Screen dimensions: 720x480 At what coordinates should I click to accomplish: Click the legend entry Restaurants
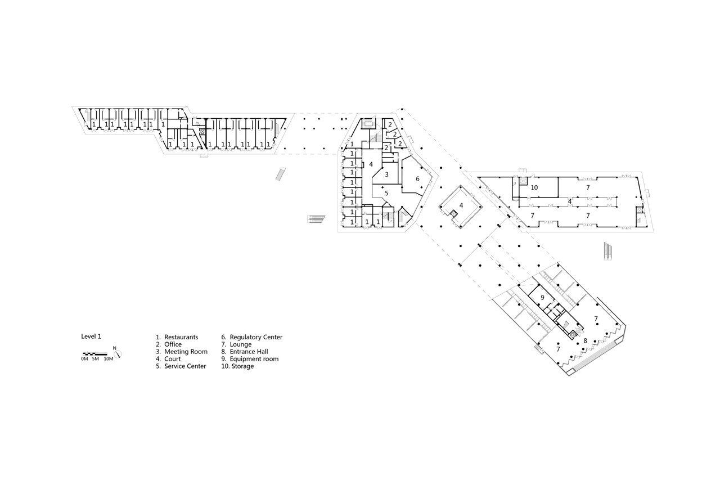(x=181, y=337)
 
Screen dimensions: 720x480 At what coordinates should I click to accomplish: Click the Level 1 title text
(x=91, y=337)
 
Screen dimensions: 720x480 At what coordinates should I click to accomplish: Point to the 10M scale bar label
(x=109, y=359)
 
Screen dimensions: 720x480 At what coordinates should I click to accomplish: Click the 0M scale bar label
(x=84, y=359)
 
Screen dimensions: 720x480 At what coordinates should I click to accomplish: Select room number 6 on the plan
(x=417, y=179)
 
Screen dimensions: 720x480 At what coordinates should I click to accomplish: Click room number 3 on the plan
(x=386, y=174)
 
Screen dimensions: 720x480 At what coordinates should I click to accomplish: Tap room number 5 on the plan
(x=386, y=193)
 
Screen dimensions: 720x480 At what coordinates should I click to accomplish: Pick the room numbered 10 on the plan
(x=534, y=187)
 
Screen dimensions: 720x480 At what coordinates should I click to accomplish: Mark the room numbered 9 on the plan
(x=543, y=297)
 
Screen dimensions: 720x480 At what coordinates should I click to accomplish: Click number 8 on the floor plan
(x=586, y=340)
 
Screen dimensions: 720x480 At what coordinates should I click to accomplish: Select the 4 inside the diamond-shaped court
(x=461, y=205)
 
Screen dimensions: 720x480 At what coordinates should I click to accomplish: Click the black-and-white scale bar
(x=95, y=354)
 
